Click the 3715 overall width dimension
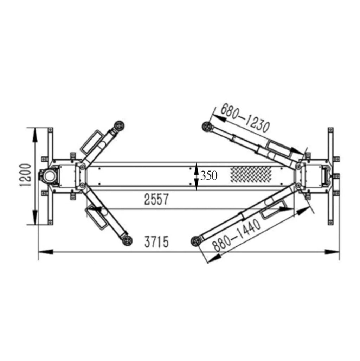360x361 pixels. tap(157, 241)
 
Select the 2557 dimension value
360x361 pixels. tap(156, 199)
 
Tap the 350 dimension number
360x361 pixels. tap(209, 176)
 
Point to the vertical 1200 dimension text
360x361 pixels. tap(25, 175)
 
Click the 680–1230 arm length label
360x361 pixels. tap(245, 119)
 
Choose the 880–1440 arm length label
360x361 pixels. tap(237, 235)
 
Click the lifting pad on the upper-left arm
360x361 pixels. tap(119, 126)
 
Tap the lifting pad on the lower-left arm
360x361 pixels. tap(127, 240)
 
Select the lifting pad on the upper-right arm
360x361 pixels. tap(207, 127)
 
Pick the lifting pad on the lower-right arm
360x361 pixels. tap(196, 241)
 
